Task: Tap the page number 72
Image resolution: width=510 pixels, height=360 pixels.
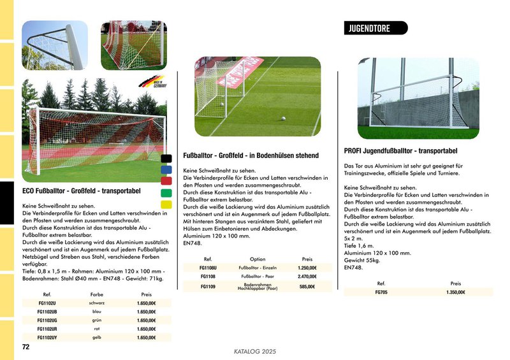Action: [x=26, y=347]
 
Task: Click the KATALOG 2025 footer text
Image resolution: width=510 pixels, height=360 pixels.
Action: [x=255, y=351]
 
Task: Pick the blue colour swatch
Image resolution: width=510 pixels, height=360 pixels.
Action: [x=166, y=170]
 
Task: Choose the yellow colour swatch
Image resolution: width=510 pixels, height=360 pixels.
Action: [x=166, y=205]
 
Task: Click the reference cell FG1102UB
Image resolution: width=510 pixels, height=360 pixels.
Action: [x=48, y=312]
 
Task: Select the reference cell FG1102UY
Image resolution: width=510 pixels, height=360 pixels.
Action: [x=48, y=337]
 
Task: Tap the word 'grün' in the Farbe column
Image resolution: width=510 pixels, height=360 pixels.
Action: [x=97, y=320]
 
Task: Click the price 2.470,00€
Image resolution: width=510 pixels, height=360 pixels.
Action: [x=307, y=277]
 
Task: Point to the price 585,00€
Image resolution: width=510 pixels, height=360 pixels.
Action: [x=307, y=287]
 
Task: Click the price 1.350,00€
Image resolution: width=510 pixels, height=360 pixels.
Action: [x=456, y=292]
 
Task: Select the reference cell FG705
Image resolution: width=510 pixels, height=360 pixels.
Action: [x=381, y=292]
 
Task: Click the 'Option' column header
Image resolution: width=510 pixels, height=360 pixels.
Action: [x=258, y=259]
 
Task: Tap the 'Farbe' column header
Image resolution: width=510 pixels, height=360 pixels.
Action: [x=97, y=295]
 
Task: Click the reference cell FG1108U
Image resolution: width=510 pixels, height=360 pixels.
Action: [x=208, y=268]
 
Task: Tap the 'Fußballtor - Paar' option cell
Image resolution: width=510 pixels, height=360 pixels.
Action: [x=257, y=277]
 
